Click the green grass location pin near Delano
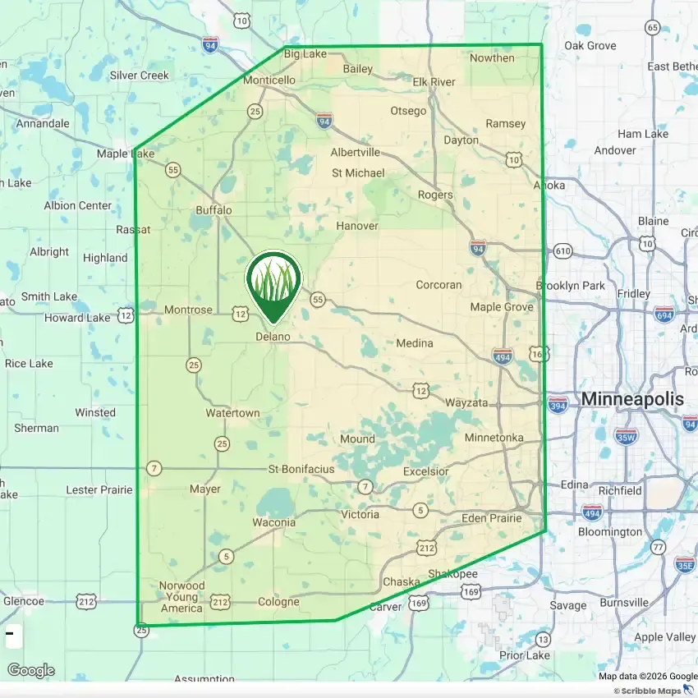coord(273,282)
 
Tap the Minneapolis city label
coord(632,400)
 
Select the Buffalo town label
coord(214,210)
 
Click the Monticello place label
coord(269,80)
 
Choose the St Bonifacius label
coord(301,469)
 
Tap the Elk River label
coord(434,82)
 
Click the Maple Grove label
coord(501,307)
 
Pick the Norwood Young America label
coord(181,597)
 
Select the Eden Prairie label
coord(491,518)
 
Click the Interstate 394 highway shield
coord(558,405)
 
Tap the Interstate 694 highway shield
coord(665,315)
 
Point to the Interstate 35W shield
coord(626,435)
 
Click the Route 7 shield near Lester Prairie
coord(154,468)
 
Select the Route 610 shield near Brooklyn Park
coord(563,250)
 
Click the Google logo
coord(31,671)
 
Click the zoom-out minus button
coord(11,634)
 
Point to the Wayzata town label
coord(466,403)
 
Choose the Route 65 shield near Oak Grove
coord(652,27)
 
